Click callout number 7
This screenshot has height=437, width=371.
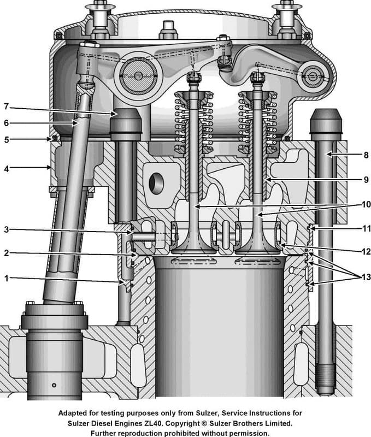(6, 107)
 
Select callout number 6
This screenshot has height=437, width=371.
(6, 123)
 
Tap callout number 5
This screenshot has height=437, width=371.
(6, 139)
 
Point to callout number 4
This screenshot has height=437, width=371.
(6, 169)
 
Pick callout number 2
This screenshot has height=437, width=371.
(6, 254)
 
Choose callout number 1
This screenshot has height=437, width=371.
(6, 278)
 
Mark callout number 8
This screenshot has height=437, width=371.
(366, 155)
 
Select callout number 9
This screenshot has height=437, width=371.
(366, 179)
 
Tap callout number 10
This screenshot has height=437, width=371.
(366, 205)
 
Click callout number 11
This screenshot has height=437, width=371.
(366, 228)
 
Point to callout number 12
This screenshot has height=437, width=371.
(366, 252)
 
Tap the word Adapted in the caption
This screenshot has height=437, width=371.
(74, 413)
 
